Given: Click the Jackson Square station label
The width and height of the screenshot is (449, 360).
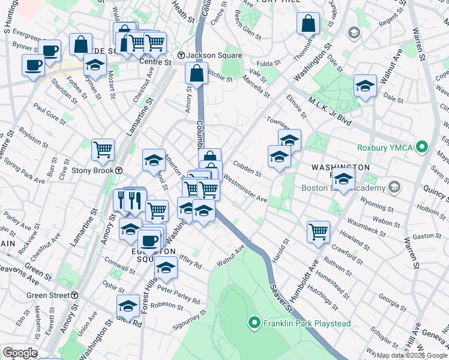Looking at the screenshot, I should point(208,56).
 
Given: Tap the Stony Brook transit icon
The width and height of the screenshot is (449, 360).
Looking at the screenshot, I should point(119,170).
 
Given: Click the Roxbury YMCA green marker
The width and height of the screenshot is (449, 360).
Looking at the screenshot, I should point(422,146).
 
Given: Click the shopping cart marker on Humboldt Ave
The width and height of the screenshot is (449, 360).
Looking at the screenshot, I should point(318,231).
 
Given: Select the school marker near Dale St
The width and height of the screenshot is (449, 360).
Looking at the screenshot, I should point(365,85).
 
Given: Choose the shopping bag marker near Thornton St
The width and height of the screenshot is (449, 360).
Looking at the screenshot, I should point(308,24).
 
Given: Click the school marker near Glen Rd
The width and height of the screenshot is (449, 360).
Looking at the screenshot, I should point(128,305).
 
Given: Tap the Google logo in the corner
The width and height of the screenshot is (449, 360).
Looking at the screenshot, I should point(20,353).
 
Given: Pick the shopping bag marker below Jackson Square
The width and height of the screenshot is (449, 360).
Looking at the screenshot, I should point(197,73).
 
